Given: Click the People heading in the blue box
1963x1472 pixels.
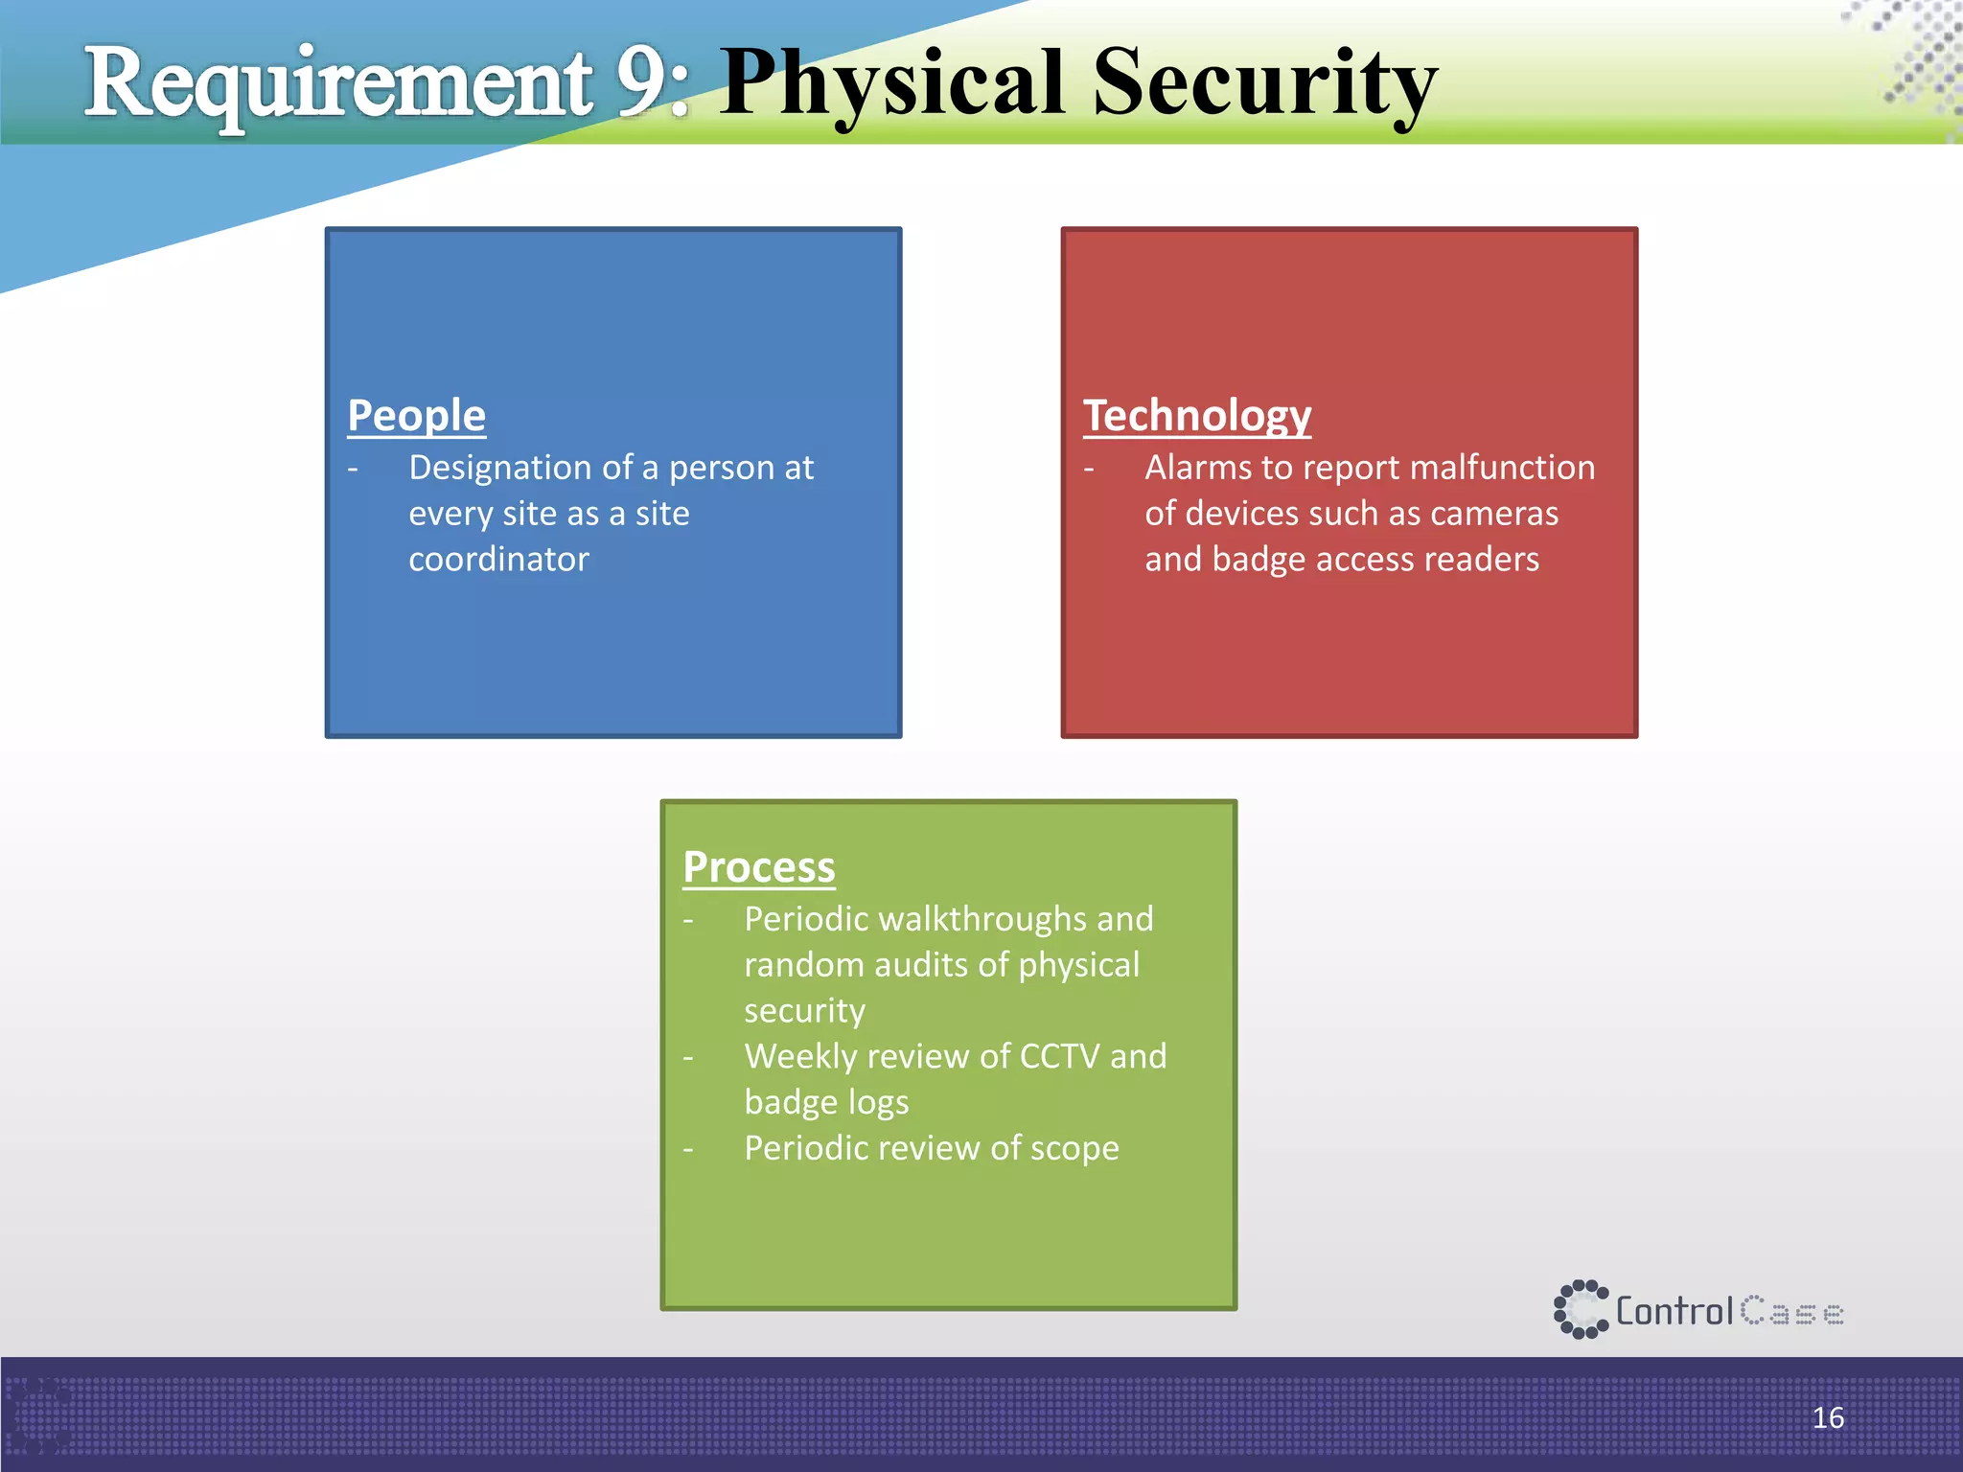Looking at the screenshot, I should [416, 415].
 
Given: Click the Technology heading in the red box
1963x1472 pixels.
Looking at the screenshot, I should [1196, 415].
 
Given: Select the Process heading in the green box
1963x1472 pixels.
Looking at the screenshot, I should [758, 866].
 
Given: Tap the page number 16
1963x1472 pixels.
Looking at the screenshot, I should [1827, 1417].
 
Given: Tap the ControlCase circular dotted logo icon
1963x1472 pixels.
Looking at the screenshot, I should [1580, 1309].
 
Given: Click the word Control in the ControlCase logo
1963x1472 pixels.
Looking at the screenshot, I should [1674, 1311].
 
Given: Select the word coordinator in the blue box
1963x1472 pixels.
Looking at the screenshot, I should [498, 559].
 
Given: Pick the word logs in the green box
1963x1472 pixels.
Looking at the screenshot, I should [878, 1103].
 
